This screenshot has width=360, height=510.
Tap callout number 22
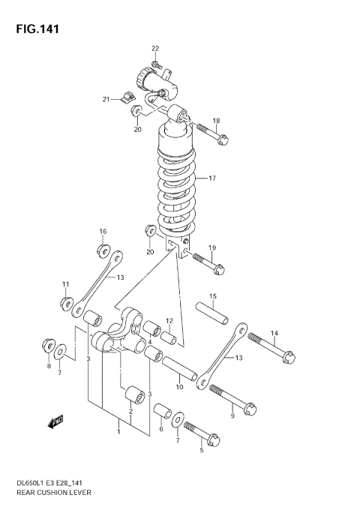pos(155,49)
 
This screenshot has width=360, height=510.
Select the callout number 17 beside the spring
pos(212,178)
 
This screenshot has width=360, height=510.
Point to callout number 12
pos(169,321)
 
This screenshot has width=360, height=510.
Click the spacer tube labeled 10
pos(180,370)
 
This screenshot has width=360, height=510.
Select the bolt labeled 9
pos(233,398)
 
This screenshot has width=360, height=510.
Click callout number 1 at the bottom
pos(118,431)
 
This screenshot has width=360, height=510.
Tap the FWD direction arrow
pos(55,424)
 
